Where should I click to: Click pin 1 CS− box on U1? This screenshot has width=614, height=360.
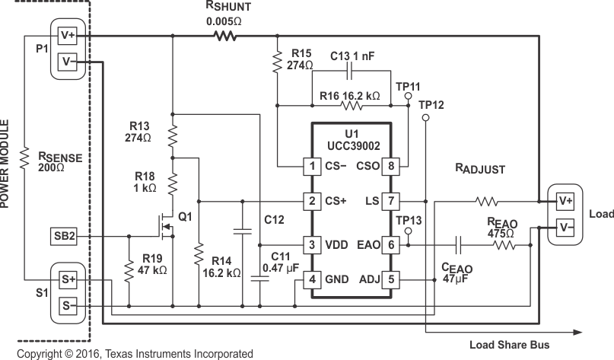[311, 165]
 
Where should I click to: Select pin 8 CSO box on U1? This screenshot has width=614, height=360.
[390, 165]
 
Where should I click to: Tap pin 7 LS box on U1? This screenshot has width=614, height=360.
[390, 202]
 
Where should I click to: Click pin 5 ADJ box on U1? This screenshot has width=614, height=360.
[390, 279]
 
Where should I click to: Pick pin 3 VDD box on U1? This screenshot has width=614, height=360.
[311, 245]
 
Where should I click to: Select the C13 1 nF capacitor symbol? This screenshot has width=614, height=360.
[349, 72]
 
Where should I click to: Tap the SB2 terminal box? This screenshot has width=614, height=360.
[65, 236]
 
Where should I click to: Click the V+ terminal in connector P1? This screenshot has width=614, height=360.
[68, 36]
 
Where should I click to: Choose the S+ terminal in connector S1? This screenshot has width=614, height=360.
[68, 280]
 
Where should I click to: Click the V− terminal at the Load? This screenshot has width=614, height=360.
[565, 226]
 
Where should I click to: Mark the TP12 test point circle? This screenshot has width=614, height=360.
[423, 117]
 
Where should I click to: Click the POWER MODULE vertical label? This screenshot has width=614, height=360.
[6, 163]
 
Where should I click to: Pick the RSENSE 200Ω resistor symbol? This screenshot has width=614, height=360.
[24, 160]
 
